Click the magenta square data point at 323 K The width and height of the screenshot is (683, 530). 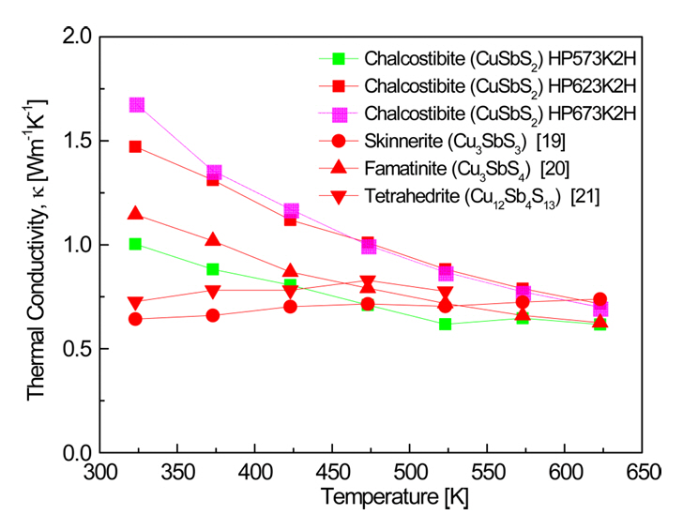pos(137,105)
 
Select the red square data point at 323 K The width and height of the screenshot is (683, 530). pos(136,147)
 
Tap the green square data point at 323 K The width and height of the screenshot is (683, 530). pos(136,244)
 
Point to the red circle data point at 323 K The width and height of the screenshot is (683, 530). pos(136,319)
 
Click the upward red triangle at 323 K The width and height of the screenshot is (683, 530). pos(136,215)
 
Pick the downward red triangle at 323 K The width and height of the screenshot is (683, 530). pos(136,303)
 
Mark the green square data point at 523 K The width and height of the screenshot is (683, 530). pos(445,325)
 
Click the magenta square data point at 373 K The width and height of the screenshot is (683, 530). pos(214,173)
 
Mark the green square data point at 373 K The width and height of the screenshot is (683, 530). pos(214,269)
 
